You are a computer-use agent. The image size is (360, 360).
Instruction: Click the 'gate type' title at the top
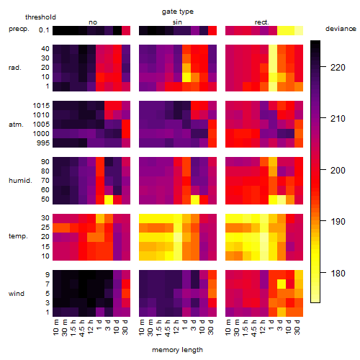point(178,12)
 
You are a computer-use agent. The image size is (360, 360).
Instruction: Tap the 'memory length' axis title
point(177,350)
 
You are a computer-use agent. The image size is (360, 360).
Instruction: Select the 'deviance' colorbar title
point(341,29)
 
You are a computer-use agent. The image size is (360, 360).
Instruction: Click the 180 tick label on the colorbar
point(338,273)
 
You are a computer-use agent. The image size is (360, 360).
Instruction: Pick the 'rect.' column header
point(261,22)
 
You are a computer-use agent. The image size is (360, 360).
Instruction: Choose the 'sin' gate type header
point(177,22)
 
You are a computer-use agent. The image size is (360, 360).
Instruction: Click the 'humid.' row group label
point(20,181)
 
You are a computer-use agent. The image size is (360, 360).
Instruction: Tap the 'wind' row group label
point(17,294)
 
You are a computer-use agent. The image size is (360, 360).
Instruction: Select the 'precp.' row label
point(19,30)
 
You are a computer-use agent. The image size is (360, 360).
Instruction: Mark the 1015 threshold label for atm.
point(41,106)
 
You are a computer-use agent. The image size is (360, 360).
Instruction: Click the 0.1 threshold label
point(44,30)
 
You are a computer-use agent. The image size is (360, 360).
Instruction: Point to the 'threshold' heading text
point(40,17)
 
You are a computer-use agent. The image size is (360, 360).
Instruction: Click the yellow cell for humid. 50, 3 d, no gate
point(109,199)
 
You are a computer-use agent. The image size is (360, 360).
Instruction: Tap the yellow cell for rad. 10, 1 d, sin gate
point(186,77)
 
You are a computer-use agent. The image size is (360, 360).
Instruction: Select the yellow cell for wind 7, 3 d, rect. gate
point(282,284)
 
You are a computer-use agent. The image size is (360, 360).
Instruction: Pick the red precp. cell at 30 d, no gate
point(126,31)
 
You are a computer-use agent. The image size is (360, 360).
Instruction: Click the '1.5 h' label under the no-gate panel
point(73,328)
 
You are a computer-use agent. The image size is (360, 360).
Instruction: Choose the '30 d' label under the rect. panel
point(297,327)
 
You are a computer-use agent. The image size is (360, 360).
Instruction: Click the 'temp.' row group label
point(18,236)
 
